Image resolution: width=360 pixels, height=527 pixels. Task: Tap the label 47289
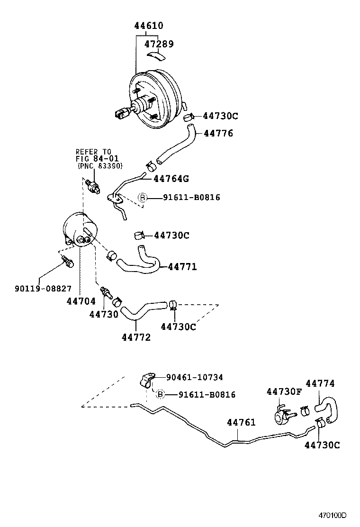point(159,44)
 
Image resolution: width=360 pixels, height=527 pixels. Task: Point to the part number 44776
point(218,134)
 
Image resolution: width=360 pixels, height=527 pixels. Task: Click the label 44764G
point(171,179)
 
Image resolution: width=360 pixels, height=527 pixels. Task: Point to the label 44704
point(81,300)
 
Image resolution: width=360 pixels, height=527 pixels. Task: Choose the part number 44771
point(182,267)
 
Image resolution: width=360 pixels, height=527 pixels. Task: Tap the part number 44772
point(136,337)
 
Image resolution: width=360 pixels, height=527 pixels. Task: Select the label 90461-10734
point(194,377)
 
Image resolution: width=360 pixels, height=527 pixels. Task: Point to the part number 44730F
point(284,391)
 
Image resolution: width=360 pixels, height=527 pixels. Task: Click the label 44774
point(320,383)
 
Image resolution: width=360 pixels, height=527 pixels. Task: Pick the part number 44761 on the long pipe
point(241,422)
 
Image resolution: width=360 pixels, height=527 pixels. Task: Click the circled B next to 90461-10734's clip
point(160,394)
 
